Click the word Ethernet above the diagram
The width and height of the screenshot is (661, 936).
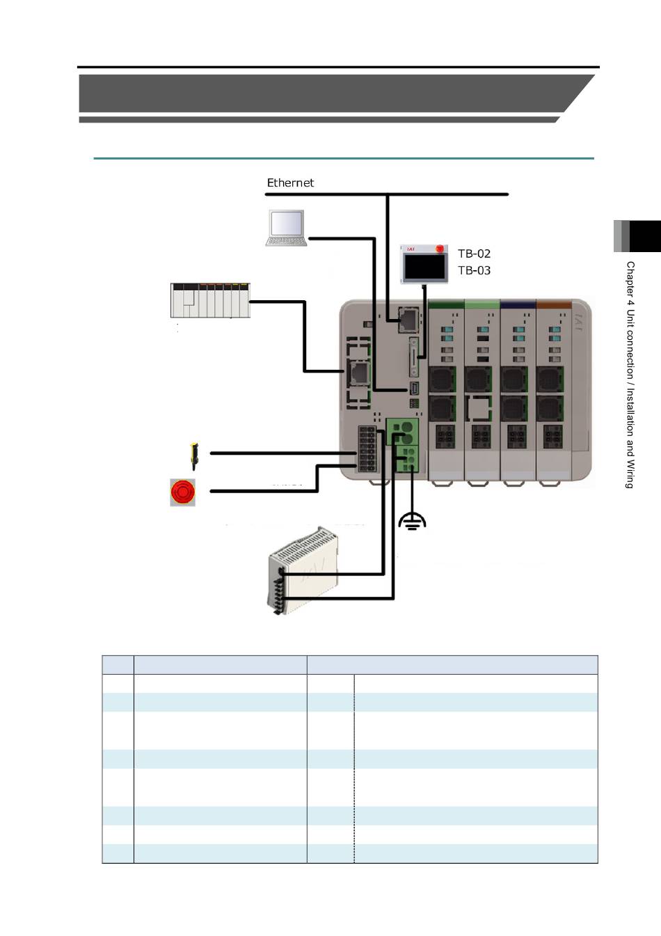pyautogui.click(x=290, y=182)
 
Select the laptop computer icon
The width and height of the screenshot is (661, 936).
pyautogui.click(x=287, y=228)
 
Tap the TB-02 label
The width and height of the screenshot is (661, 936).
pyautogui.click(x=474, y=253)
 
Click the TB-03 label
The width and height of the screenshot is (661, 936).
pyautogui.click(x=474, y=270)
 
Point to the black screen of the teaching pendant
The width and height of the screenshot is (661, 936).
pyautogui.click(x=424, y=267)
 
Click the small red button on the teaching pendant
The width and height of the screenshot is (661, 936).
pyautogui.click(x=439, y=249)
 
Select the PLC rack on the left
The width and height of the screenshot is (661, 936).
pyautogui.click(x=210, y=300)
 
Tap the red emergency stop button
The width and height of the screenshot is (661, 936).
pyautogui.click(x=183, y=492)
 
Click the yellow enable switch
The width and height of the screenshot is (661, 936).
pyautogui.click(x=194, y=456)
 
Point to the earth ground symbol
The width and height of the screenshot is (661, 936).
pyautogui.click(x=412, y=522)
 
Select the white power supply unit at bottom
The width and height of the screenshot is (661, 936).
pyautogui.click(x=302, y=570)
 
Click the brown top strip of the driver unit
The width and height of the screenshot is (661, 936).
pyautogui.click(x=554, y=305)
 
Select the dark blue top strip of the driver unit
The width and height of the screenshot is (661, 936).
pyautogui.click(x=518, y=305)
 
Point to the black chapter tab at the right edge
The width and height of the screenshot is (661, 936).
pyautogui.click(x=645, y=236)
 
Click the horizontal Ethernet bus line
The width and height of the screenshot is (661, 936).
pyautogui.click(x=387, y=194)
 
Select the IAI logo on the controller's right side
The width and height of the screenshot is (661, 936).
pyautogui.click(x=579, y=322)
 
